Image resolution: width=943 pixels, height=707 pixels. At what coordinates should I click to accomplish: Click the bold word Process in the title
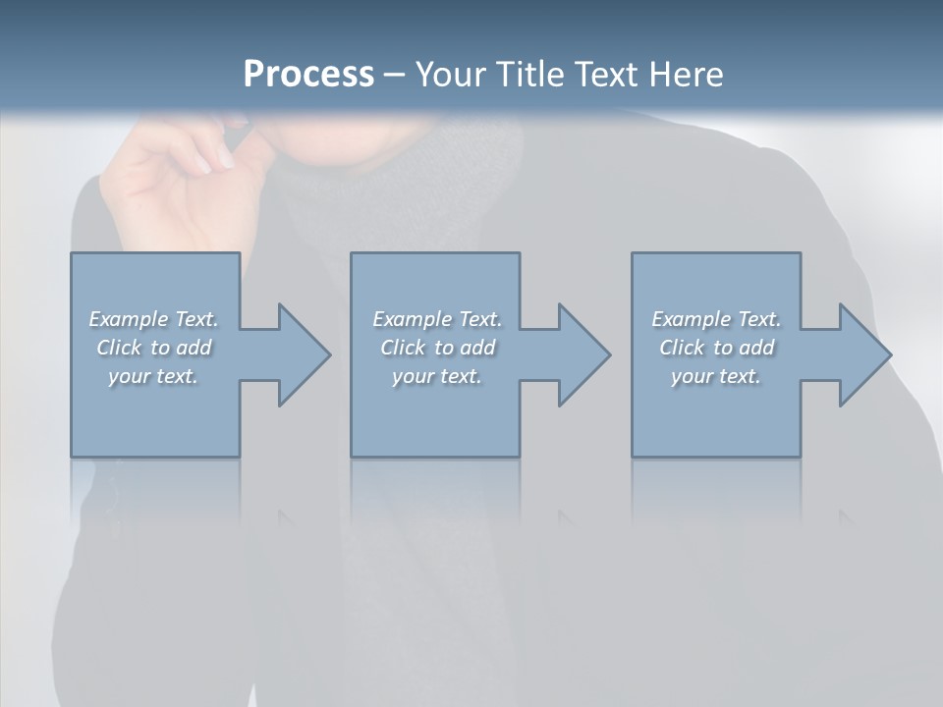pos(308,75)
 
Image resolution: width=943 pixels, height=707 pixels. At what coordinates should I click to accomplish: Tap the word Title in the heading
pos(527,75)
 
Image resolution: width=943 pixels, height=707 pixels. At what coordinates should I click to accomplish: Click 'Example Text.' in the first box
pos(153,319)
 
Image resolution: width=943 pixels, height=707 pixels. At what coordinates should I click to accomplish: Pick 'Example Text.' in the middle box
pos(437,319)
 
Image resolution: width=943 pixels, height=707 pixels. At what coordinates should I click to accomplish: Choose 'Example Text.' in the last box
pos(716,319)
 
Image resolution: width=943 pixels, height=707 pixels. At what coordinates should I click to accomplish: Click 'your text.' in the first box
pos(153,376)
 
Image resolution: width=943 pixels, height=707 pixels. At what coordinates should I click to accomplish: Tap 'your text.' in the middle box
pos(437,376)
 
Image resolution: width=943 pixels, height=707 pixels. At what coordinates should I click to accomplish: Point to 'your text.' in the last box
pos(716,376)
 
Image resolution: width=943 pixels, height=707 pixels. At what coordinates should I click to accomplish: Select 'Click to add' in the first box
pos(153,348)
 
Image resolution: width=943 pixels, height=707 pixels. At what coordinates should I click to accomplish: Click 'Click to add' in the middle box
pos(437,348)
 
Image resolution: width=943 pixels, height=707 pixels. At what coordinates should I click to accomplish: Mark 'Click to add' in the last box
pos(716,348)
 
